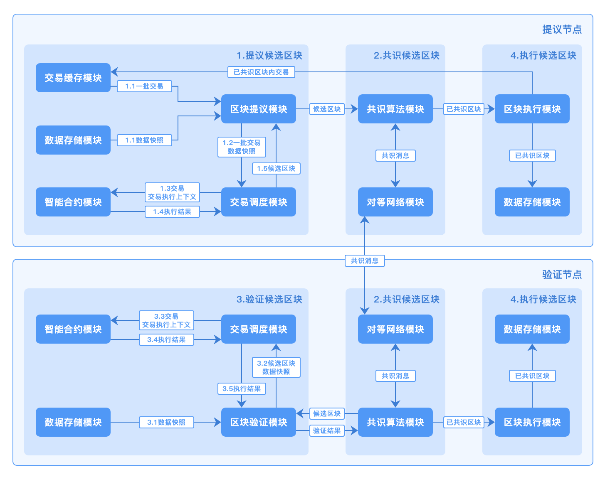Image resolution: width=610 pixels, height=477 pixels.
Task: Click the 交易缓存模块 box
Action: pyautogui.click(x=73, y=78)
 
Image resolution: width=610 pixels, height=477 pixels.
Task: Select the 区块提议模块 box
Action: pyautogui.click(x=258, y=109)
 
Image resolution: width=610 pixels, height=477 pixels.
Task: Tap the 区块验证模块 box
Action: pyautogui.click(x=258, y=422)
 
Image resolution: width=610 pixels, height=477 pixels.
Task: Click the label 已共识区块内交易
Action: pyautogui.click(x=261, y=72)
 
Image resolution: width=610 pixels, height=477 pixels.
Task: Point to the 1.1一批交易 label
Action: pyautogui.click(x=144, y=86)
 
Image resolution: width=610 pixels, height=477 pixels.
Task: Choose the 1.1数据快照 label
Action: pyautogui.click(x=144, y=140)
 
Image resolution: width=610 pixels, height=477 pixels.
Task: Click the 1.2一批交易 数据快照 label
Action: pyautogui.click(x=242, y=147)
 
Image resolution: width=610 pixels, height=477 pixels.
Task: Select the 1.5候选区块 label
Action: pyautogui.click(x=276, y=168)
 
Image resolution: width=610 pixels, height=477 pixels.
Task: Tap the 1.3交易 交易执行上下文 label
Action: pyautogui.click(x=172, y=192)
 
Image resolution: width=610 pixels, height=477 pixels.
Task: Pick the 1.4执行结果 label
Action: pyautogui.click(x=172, y=211)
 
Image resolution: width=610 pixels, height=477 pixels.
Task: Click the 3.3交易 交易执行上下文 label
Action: pyautogui.click(x=166, y=320)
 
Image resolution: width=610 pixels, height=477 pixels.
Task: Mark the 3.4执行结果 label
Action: pyautogui.click(x=166, y=339)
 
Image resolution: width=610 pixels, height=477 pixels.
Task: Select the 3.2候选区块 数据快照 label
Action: pyautogui.click(x=276, y=367)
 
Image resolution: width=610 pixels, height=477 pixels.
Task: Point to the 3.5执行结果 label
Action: pyautogui.click(x=242, y=388)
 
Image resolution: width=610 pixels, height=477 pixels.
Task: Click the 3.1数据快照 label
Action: pyautogui.click(x=166, y=422)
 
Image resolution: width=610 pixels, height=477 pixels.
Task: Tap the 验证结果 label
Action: pyautogui.click(x=327, y=430)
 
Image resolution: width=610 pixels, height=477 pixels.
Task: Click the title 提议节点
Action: pyautogui.click(x=562, y=30)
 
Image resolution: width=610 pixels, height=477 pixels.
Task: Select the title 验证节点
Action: pyautogui.click(x=562, y=275)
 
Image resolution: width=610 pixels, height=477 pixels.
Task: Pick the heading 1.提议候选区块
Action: pyautogui.click(x=269, y=56)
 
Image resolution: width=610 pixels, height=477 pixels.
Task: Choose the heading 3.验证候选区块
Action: pyautogui.click(x=269, y=300)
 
